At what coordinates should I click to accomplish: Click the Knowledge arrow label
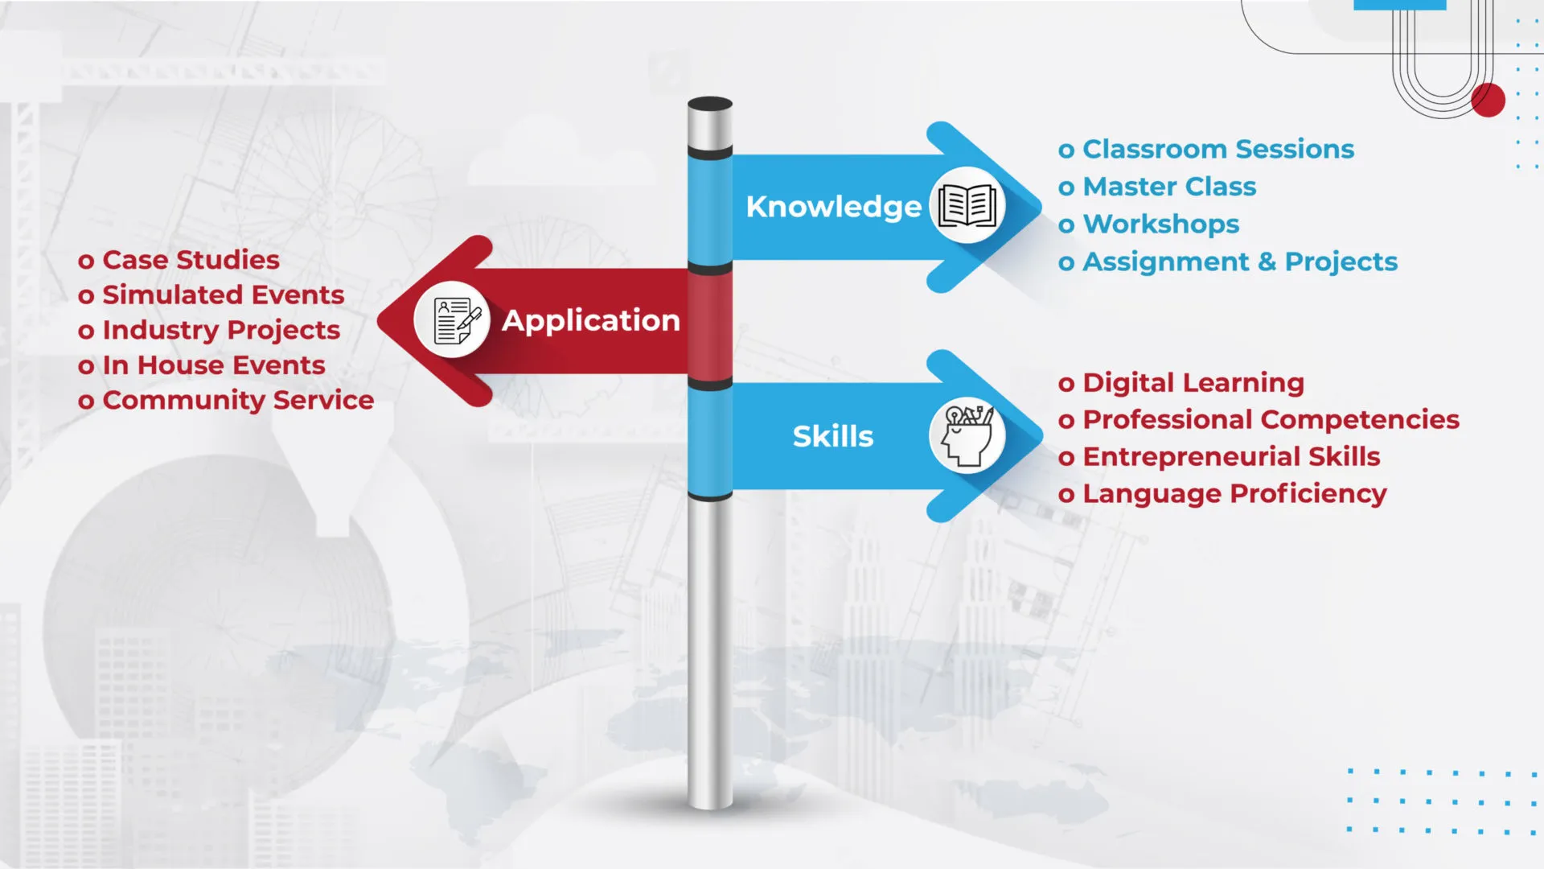coord(833,207)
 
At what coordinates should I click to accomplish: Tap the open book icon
coord(967,205)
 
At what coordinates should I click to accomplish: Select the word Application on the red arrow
coord(591,320)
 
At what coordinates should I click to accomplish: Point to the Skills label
coord(833,436)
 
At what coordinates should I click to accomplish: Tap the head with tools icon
coord(968,435)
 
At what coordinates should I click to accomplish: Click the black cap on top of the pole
coord(710,104)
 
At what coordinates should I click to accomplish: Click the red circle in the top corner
coord(1489,101)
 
